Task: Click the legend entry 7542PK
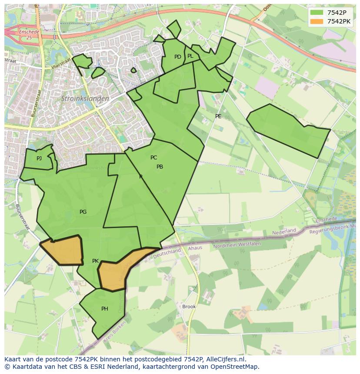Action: [339, 21]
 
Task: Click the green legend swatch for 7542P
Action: [317, 13]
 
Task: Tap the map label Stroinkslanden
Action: [85, 99]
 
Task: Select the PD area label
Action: [177, 57]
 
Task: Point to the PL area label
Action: [190, 56]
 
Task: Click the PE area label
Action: [218, 116]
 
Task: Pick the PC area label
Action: [153, 158]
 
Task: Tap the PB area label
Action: [160, 167]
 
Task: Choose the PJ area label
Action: [39, 159]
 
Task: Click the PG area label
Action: [83, 212]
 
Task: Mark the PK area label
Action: [95, 261]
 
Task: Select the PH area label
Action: [104, 309]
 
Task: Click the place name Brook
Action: [189, 307]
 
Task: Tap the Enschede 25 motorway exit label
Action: [29, 35]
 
